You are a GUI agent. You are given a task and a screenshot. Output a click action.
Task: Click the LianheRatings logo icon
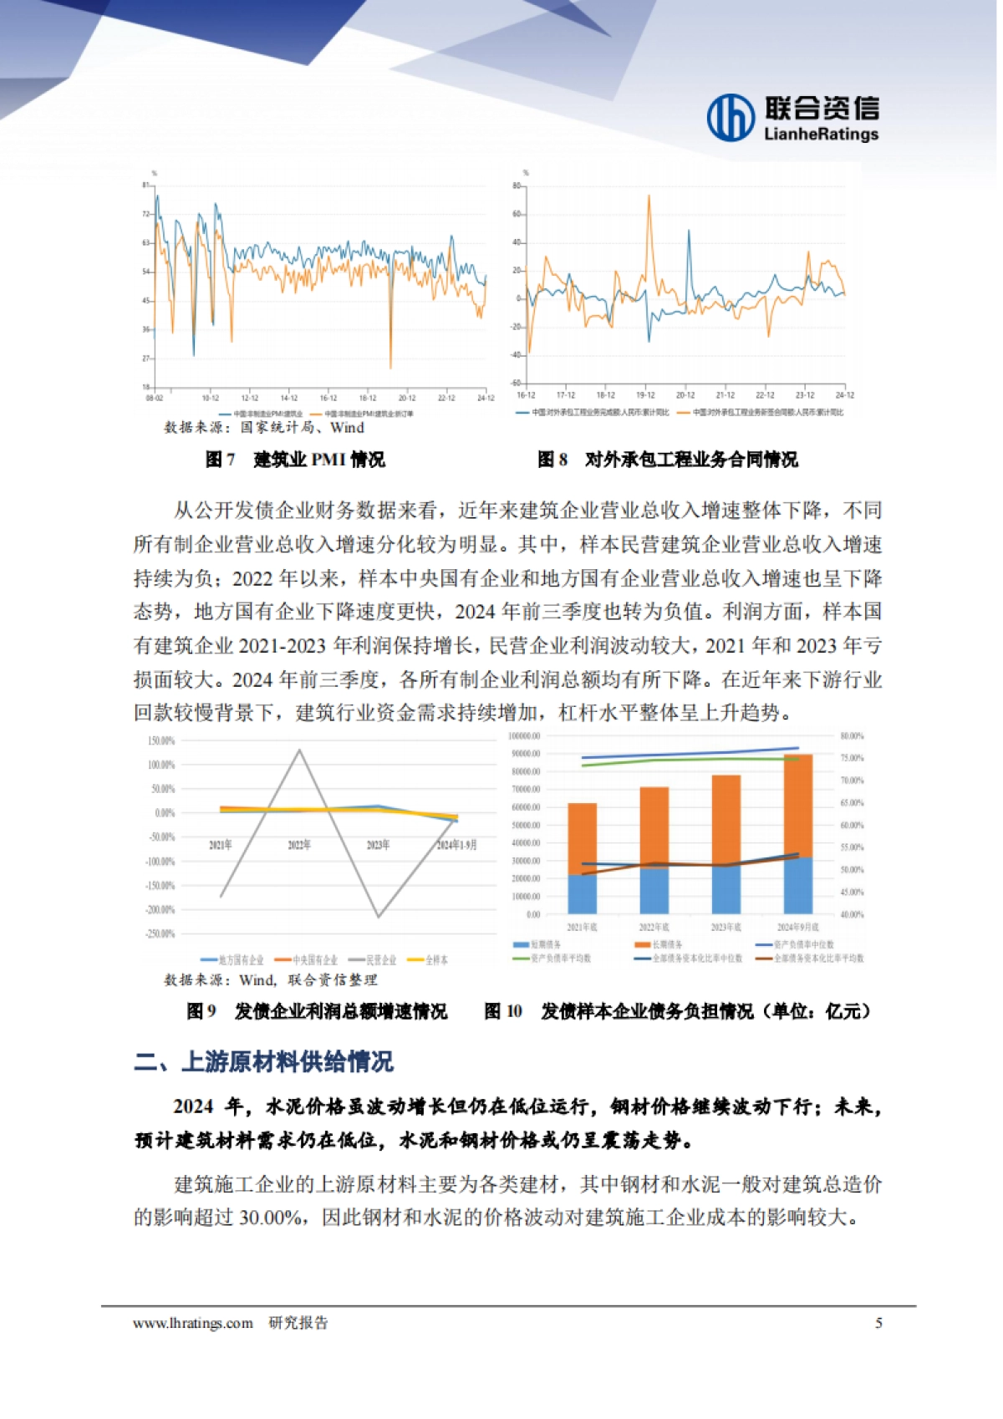click(x=731, y=117)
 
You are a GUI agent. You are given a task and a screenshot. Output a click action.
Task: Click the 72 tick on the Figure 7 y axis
click(x=146, y=215)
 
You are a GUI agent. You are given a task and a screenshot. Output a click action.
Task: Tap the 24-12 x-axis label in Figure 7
click(x=486, y=398)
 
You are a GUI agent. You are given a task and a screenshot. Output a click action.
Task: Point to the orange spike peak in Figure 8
click(x=649, y=196)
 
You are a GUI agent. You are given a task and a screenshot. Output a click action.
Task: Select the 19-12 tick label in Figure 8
click(x=645, y=395)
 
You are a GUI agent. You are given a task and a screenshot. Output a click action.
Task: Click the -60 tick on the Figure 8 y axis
click(x=516, y=383)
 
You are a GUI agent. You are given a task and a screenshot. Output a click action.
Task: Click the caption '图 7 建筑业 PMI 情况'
click(x=295, y=460)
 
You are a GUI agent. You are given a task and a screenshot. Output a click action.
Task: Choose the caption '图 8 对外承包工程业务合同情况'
click(x=667, y=460)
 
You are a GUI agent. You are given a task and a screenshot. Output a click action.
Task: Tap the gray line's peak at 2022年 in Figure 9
click(x=299, y=750)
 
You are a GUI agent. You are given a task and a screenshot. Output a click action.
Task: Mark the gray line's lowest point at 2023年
click(x=379, y=917)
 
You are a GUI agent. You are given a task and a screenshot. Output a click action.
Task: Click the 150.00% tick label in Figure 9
click(x=160, y=741)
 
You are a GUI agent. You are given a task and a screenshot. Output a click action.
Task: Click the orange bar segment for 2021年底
click(x=583, y=838)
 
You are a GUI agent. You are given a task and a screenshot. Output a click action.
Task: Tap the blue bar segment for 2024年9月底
click(x=798, y=885)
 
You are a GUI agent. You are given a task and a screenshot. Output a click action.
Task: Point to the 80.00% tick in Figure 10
click(x=852, y=736)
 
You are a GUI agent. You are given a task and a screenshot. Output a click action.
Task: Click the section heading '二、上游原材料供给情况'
click(x=263, y=1062)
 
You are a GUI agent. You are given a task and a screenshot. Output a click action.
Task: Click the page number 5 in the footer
click(x=878, y=1323)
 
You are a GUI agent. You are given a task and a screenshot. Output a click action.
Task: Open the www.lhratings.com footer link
click(x=192, y=1323)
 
